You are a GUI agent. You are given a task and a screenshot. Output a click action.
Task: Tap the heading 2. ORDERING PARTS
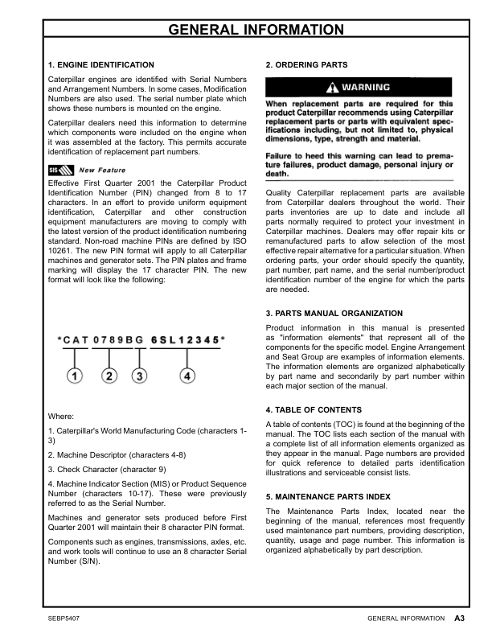(306, 64)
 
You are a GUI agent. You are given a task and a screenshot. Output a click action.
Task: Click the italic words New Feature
(103, 170)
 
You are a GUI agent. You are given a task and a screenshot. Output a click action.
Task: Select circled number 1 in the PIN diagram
(75, 376)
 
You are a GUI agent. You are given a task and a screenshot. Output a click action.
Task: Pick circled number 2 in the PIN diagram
(111, 376)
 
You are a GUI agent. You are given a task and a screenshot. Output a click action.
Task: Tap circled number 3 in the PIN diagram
(139, 376)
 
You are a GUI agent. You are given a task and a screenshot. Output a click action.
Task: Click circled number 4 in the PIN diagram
(187, 376)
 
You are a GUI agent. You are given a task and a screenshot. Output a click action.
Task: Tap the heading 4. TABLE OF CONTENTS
(314, 409)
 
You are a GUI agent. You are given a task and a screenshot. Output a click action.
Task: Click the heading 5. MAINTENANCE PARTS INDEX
(328, 496)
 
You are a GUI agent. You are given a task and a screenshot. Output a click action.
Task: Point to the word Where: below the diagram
(61, 417)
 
